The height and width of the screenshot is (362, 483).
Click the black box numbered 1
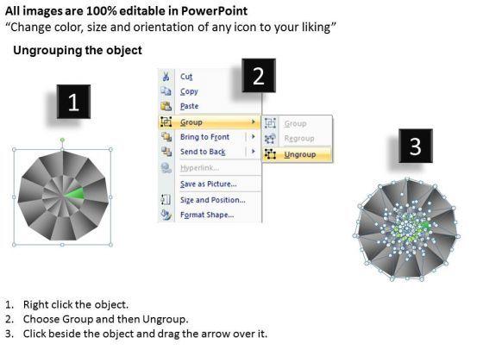[x=73, y=102]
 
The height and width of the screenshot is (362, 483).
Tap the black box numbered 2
[x=259, y=76]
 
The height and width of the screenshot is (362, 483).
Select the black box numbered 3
[x=416, y=146]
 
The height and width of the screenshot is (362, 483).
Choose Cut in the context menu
[x=186, y=77]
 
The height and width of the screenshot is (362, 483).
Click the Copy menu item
[x=189, y=91]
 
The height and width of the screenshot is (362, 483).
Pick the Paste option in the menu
[x=189, y=106]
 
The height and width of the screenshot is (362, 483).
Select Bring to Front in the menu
[x=205, y=137]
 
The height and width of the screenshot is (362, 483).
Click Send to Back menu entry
[x=203, y=152]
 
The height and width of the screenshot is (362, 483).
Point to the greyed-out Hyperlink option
[x=199, y=168]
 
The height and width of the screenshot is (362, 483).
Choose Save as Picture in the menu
[x=209, y=184]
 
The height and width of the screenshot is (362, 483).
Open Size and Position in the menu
[x=213, y=200]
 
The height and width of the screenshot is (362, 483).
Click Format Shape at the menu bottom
[x=207, y=215]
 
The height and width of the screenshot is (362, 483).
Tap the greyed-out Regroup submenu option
[x=299, y=139]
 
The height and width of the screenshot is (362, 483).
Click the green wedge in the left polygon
[x=75, y=194]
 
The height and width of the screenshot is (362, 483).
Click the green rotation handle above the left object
[x=62, y=140]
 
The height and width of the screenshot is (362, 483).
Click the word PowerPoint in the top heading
[x=214, y=11]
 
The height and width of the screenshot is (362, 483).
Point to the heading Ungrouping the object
[x=78, y=50]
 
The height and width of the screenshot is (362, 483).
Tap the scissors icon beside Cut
[x=166, y=77]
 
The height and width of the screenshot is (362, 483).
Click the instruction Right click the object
[x=76, y=304]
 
